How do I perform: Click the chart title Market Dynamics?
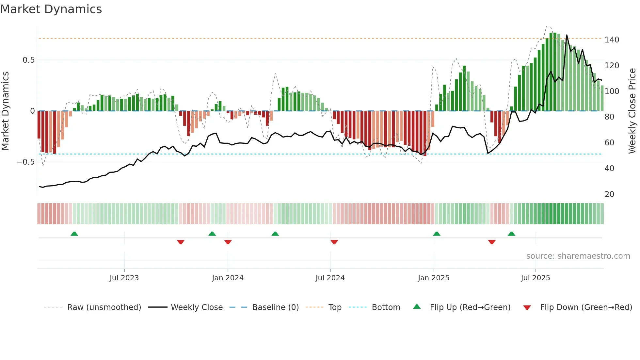[x=51, y=9]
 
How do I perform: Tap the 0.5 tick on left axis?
[x=28, y=60]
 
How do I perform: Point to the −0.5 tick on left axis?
[x=25, y=162]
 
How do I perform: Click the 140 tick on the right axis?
[x=612, y=40]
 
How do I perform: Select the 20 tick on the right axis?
[x=609, y=194]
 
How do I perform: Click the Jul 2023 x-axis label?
[x=124, y=278]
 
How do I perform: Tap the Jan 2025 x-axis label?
[x=433, y=278]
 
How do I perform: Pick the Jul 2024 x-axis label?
[x=330, y=278]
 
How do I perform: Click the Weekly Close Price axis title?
[x=632, y=111]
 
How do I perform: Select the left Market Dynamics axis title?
[x=5, y=111]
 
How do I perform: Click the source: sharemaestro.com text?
[x=578, y=256]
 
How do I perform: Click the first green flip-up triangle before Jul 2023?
[x=74, y=234]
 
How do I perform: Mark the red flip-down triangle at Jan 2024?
[x=228, y=242]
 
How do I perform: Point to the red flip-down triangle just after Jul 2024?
[x=334, y=242]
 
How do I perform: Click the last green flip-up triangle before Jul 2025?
[x=511, y=234]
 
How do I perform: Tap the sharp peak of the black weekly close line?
[x=567, y=35]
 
